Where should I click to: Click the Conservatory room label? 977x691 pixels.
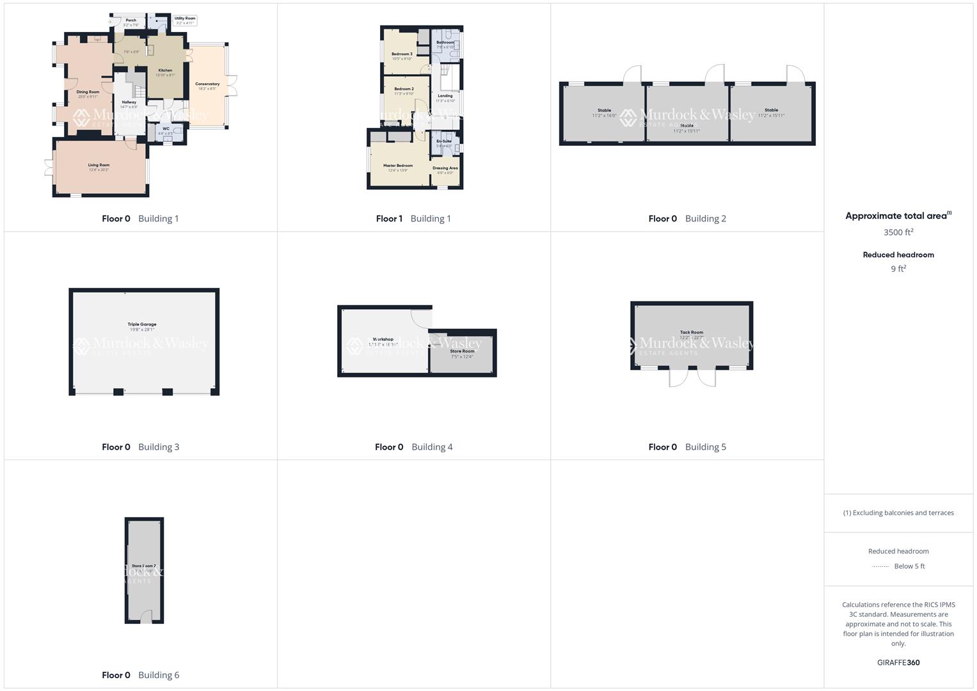[207, 84]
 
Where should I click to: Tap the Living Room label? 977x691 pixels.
[99, 165]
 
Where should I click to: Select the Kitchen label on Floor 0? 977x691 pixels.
[165, 70]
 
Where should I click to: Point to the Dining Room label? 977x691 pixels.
[88, 92]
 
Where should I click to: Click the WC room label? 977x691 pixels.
[166, 129]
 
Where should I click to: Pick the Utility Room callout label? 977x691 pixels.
[185, 19]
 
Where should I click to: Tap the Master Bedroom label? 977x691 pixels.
[398, 166]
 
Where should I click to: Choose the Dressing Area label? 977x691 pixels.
[445, 168]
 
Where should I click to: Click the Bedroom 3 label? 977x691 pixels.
[402, 54]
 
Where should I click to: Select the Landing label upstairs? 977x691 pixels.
[445, 96]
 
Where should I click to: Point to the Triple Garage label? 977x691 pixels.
[142, 324]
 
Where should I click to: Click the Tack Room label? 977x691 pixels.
[692, 333]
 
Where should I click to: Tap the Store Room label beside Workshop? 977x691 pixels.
[462, 351]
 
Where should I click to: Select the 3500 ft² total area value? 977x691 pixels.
[898, 232]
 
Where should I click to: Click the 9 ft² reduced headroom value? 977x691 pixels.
[898, 269]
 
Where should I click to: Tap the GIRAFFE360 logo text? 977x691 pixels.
[898, 663]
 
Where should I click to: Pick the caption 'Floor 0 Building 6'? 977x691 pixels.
[141, 675]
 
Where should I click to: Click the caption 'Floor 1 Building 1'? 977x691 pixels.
[413, 219]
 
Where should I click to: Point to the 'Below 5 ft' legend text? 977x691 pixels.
[909, 566]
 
